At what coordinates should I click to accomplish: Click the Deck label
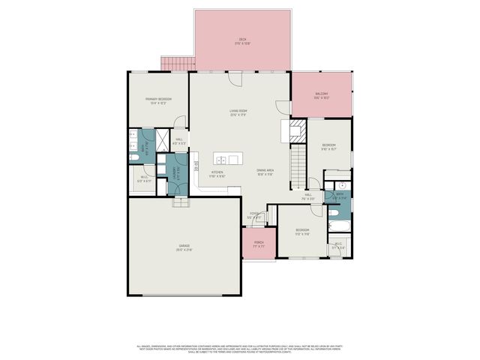point(242,41)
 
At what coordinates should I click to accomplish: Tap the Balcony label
point(322,95)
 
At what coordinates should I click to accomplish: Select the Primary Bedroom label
point(158,100)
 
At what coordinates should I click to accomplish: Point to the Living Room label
point(238,112)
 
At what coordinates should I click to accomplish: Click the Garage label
point(184,247)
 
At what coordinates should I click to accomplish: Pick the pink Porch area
point(258,244)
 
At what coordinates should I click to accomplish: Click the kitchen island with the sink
point(228,159)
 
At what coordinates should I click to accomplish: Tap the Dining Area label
point(265,172)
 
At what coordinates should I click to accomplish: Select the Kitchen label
point(217,174)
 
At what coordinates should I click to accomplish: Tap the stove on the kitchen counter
point(196,168)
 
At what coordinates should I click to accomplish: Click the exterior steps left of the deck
point(178,64)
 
